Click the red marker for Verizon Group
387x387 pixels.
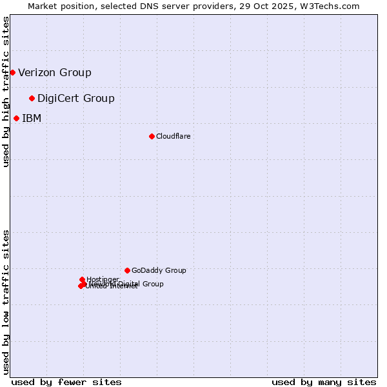12,72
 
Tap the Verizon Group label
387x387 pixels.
55,72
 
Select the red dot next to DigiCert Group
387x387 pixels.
32,98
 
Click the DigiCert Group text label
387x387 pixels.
76,98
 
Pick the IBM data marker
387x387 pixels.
16,118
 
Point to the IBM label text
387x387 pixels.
32,118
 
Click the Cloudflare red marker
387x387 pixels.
152,136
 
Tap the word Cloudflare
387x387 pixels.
173,136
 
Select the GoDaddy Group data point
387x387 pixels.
127,270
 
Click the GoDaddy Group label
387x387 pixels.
159,270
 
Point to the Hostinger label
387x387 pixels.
103,279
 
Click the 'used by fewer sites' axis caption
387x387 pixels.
66,382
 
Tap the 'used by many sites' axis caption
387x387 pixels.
324,382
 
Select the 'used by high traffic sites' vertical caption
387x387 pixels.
6,92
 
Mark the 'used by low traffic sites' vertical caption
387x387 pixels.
6,301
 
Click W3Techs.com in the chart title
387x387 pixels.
337,6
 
